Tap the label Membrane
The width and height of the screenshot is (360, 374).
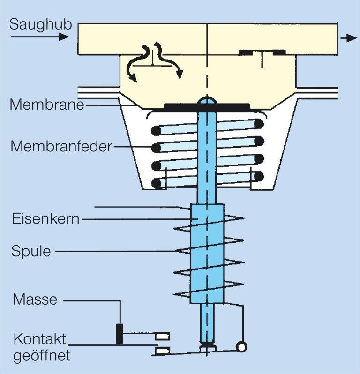coord(46,104)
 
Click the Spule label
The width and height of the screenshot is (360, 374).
coord(31,251)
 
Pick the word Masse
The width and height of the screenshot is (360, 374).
coord(35,299)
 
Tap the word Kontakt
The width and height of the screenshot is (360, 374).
coord(39,339)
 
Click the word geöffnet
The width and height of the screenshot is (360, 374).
coord(41,355)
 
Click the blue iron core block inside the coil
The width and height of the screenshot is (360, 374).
coord(206,253)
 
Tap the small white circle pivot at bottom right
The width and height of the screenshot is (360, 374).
coord(242,347)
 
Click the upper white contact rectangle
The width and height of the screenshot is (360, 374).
coord(162,335)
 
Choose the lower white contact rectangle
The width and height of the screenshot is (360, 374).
coord(162,351)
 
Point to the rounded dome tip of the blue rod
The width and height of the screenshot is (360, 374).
coord(206,100)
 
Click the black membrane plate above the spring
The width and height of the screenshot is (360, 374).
coord(178,107)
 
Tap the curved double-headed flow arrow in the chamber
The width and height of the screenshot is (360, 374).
coord(155,61)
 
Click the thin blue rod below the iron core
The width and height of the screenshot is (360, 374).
coord(206,323)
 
